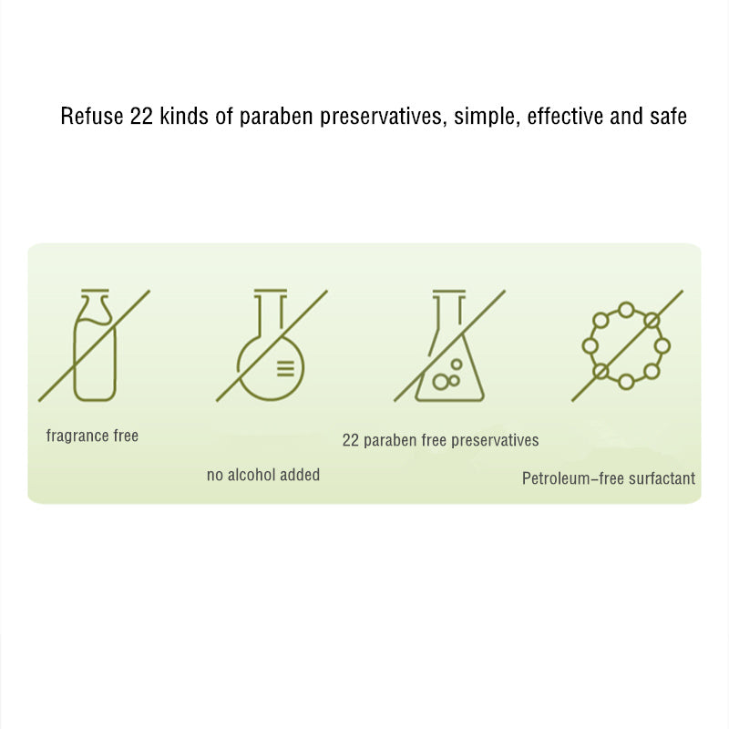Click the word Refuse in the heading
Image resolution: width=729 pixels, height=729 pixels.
coord(92,116)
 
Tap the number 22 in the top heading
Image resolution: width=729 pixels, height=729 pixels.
coord(141,116)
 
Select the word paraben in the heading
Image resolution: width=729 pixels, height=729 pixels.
coord(276,118)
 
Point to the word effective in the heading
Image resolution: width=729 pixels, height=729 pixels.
coord(565,116)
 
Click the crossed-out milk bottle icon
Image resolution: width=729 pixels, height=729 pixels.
coord(95,345)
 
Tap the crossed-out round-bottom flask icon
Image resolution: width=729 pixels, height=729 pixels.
coord(272,345)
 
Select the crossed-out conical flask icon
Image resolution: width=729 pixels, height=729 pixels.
coord(449,345)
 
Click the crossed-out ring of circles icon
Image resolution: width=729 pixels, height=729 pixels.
coord(627,345)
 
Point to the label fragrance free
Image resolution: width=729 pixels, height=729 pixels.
coord(92,436)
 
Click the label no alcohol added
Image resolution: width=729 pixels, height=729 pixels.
coord(263,475)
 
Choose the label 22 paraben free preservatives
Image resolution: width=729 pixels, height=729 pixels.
coord(440,440)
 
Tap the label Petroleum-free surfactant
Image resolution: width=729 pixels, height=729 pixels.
coord(609,478)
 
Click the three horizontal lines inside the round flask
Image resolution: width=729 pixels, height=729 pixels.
coord(285,368)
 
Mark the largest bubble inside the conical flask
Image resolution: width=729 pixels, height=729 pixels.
coord(440,382)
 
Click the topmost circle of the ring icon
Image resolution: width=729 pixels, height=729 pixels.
coord(626,310)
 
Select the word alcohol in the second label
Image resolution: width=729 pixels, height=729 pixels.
coord(252,475)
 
